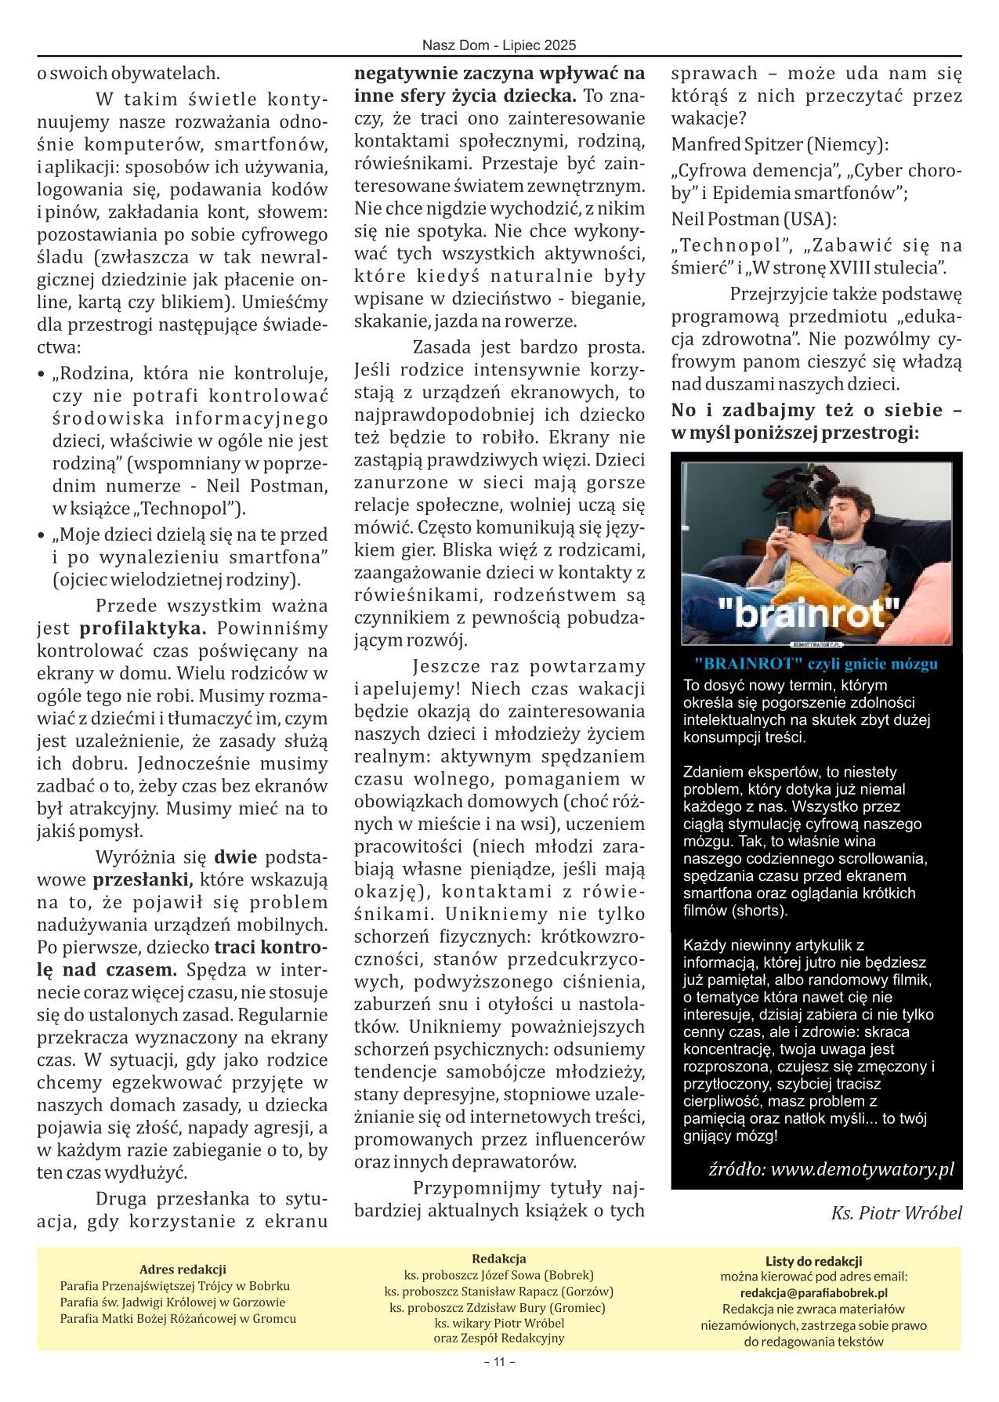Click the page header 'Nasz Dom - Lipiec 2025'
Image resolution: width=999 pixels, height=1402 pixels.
click(499, 45)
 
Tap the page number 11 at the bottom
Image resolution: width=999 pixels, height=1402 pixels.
click(499, 1383)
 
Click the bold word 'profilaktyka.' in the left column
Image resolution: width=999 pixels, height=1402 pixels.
click(143, 629)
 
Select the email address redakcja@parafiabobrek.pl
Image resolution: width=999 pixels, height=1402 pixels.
click(813, 1293)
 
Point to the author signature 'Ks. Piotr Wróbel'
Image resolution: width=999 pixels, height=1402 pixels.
click(896, 1214)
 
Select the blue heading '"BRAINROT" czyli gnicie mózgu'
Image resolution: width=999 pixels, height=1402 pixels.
click(816, 665)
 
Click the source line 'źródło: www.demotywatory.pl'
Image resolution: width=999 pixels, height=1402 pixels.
click(831, 1170)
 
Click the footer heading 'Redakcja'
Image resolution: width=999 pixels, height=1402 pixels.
click(499, 1259)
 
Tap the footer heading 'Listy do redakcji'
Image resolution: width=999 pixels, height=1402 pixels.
click(813, 1261)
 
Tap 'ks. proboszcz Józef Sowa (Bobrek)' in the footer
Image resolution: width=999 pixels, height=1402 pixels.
click(499, 1275)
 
